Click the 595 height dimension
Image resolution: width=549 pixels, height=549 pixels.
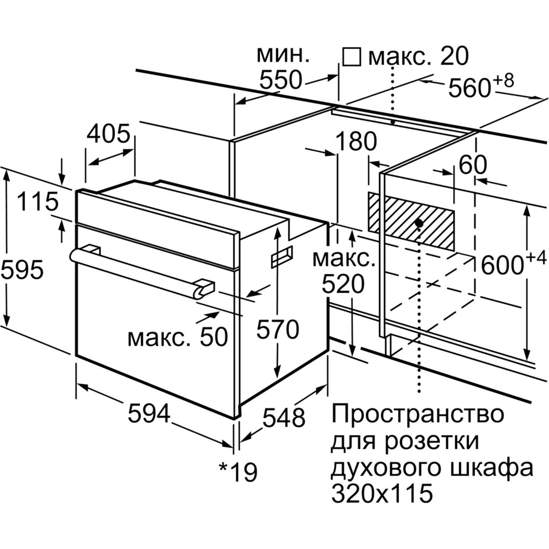click(x=22, y=270)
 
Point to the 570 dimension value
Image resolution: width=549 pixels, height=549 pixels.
click(x=277, y=329)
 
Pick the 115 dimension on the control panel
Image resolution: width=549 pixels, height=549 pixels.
click(x=38, y=201)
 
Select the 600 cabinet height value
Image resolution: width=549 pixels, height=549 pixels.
click(x=502, y=265)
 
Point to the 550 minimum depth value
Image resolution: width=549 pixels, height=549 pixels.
click(x=281, y=80)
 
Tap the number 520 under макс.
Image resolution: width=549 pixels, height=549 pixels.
click(x=343, y=284)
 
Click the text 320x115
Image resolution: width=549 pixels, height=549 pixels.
click(x=382, y=493)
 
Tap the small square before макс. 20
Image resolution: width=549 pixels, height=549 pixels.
click(x=351, y=57)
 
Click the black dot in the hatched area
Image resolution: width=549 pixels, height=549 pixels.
click(x=419, y=223)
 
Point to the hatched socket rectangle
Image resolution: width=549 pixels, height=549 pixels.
click(x=411, y=222)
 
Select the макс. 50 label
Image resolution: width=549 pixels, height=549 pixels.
click(x=178, y=337)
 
